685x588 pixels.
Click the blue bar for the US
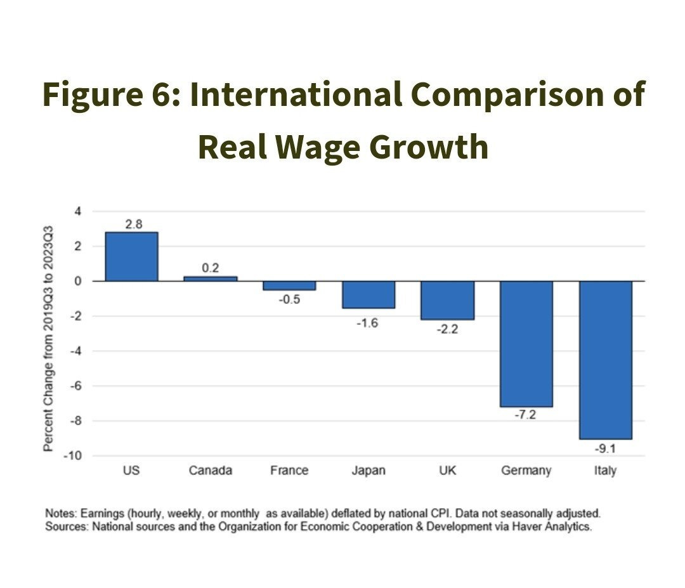131,257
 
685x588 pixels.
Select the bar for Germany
526,344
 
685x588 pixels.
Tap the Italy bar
605,360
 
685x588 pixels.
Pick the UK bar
448,300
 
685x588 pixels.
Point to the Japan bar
369,294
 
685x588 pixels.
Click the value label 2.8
133,224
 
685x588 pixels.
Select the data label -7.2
526,416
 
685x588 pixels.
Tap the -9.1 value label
605,448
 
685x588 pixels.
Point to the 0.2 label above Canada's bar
211,268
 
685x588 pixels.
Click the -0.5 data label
289,299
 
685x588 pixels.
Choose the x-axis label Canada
211,471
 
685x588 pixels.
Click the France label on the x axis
289,471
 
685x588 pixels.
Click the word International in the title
296,95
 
